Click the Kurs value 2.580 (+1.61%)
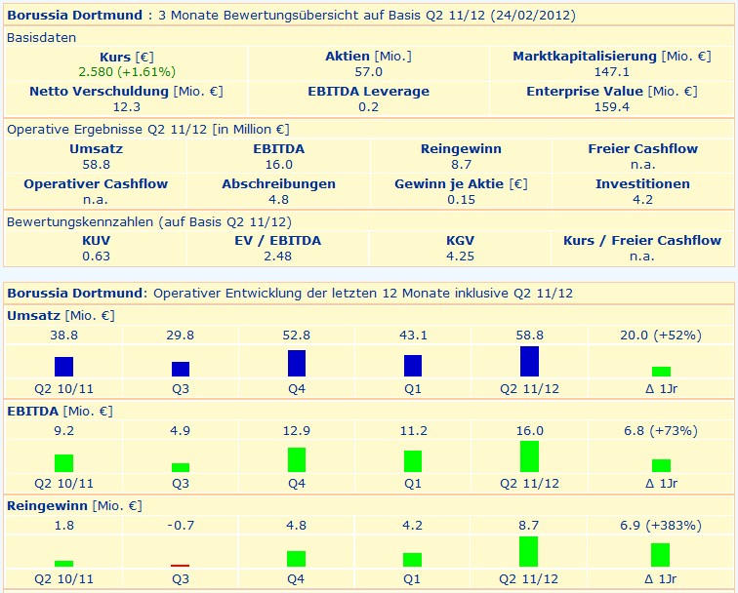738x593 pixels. pos(126,71)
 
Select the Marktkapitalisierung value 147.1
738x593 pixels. pos(612,71)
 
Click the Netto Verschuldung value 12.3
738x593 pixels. pos(126,106)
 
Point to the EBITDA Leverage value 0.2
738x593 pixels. pos(368,106)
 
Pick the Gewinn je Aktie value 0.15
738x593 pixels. pos(461,199)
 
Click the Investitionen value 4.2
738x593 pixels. pos(642,199)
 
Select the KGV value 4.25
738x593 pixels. pos(461,256)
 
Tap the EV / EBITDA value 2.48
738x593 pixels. pos(278,256)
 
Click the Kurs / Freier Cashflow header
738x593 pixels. pos(642,240)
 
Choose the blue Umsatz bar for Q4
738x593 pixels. pos(297,363)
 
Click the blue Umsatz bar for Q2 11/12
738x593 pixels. pos(529,361)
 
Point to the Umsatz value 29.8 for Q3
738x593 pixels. pos(181,335)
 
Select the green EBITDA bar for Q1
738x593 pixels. pos(413,461)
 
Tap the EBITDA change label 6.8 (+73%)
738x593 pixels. pos(661,431)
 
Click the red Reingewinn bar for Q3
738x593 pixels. pos(181,565)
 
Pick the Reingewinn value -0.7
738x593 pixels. pos(181,526)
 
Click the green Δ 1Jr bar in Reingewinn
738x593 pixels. pos(661,555)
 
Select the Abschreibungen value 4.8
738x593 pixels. pos(278,199)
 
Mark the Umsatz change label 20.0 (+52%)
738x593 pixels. pos(661,335)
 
